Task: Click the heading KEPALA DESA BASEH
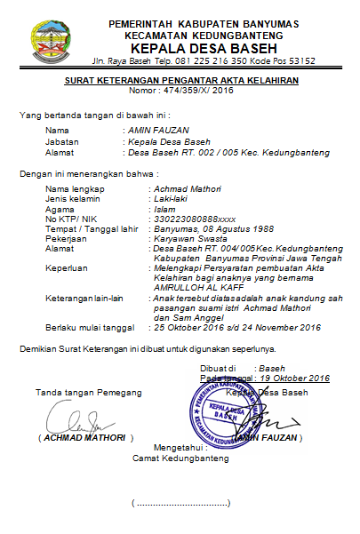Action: pyautogui.click(x=203, y=47)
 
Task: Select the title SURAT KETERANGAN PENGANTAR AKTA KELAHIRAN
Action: pyautogui.click(x=181, y=81)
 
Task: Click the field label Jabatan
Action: pyautogui.click(x=61, y=141)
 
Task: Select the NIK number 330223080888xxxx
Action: pyautogui.click(x=195, y=218)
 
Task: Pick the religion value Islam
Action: pyautogui.click(x=164, y=209)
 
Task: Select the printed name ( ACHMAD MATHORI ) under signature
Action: pyautogui.click(x=85, y=438)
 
